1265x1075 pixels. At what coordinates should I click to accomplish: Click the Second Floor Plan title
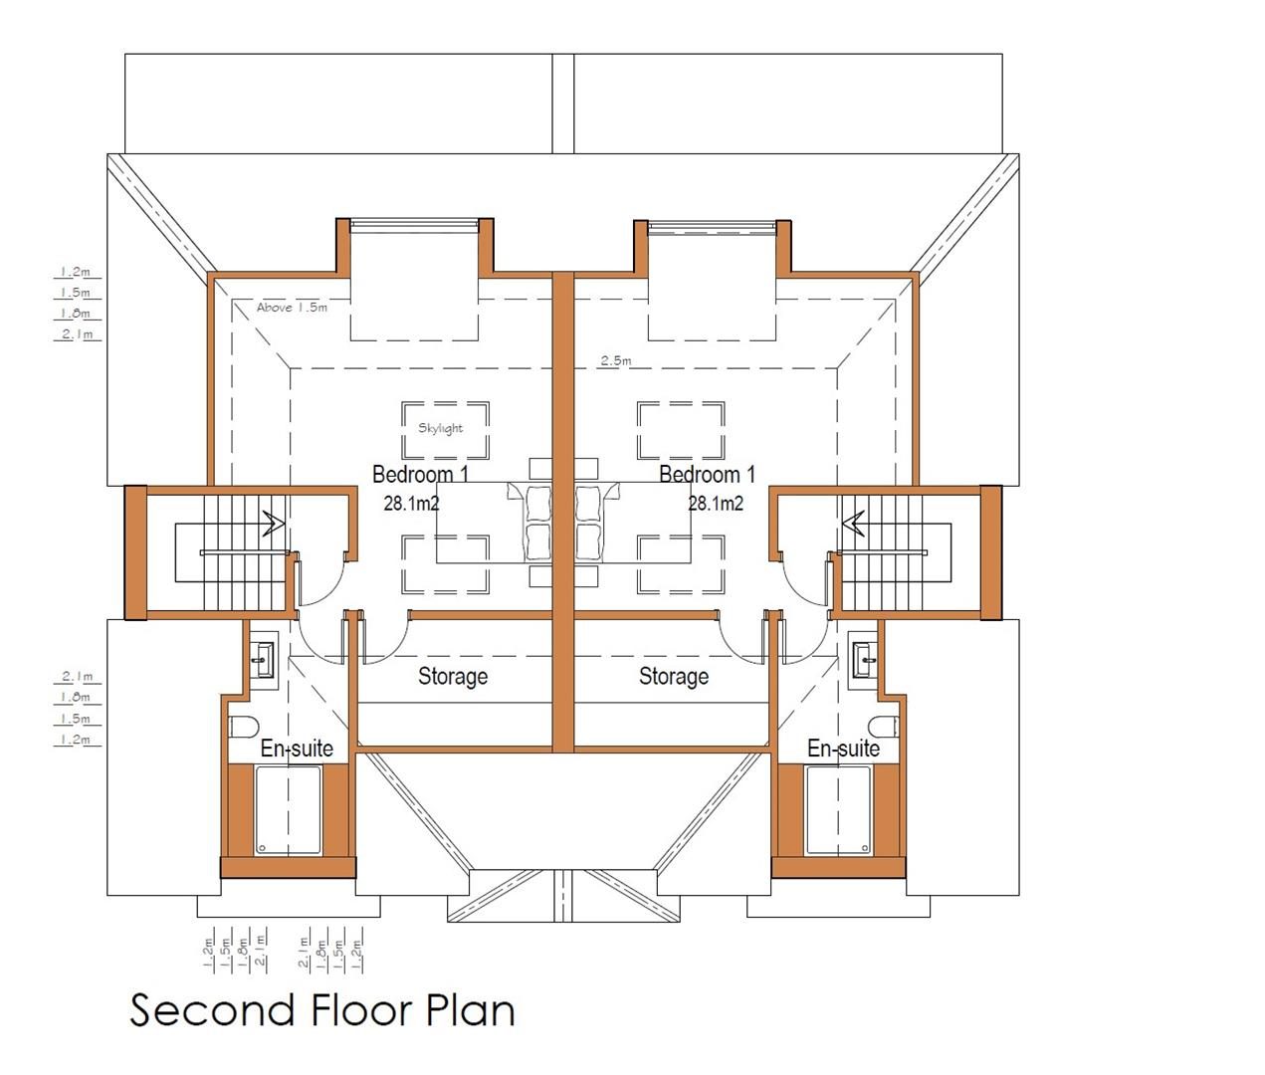(x=322, y=1010)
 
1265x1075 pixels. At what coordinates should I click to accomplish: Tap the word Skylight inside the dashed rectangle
(x=441, y=429)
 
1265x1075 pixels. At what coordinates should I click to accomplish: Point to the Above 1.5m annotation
(x=292, y=308)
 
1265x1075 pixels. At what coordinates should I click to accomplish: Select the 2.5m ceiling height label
(x=616, y=360)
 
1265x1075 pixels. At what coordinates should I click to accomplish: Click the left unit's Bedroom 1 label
(x=420, y=475)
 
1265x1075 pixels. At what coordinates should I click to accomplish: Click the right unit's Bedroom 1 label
(x=707, y=475)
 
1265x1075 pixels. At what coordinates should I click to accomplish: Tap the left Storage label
(x=453, y=677)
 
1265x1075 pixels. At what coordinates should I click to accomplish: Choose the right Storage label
(x=674, y=677)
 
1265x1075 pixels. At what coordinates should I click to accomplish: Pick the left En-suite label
(x=297, y=749)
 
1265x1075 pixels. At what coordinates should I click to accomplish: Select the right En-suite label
(x=843, y=749)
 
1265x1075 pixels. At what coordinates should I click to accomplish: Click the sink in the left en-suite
(x=264, y=660)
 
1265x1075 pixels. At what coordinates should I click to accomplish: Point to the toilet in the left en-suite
(x=243, y=728)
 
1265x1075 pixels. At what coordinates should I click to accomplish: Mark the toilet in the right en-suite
(x=884, y=728)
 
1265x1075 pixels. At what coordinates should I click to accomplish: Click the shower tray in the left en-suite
(x=288, y=810)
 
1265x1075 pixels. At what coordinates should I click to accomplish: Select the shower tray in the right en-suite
(x=838, y=810)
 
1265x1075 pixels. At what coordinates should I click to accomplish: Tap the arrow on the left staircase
(x=274, y=524)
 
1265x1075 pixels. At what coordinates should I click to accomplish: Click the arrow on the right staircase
(x=853, y=524)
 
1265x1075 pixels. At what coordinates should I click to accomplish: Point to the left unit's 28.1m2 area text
(x=411, y=504)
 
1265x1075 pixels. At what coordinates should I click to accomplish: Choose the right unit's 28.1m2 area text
(x=716, y=504)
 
